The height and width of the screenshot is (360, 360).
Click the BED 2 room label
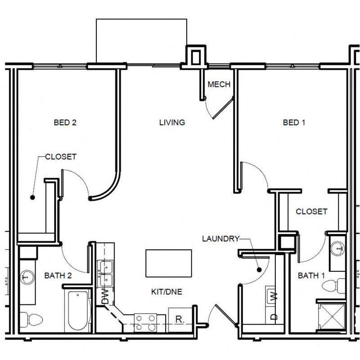65,122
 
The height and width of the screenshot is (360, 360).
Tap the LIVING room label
172,122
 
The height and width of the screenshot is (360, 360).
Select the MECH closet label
219,84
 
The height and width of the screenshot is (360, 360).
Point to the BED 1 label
294,122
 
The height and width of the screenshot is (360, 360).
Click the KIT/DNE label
166,292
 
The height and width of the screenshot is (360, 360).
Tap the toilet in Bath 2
31,319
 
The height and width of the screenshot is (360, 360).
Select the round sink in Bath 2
27,277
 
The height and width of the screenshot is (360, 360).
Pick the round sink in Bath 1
337,249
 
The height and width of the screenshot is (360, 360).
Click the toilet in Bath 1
333,286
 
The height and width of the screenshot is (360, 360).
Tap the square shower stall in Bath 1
332,317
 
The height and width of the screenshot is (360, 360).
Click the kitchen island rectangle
169,263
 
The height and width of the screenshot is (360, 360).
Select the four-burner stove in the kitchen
145,323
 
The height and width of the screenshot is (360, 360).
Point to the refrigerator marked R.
180,319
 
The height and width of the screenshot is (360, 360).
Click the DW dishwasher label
105,297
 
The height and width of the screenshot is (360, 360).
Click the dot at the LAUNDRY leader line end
259,270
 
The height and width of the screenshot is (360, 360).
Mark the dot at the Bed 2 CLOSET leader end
32,197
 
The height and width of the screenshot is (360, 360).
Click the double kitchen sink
105,274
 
